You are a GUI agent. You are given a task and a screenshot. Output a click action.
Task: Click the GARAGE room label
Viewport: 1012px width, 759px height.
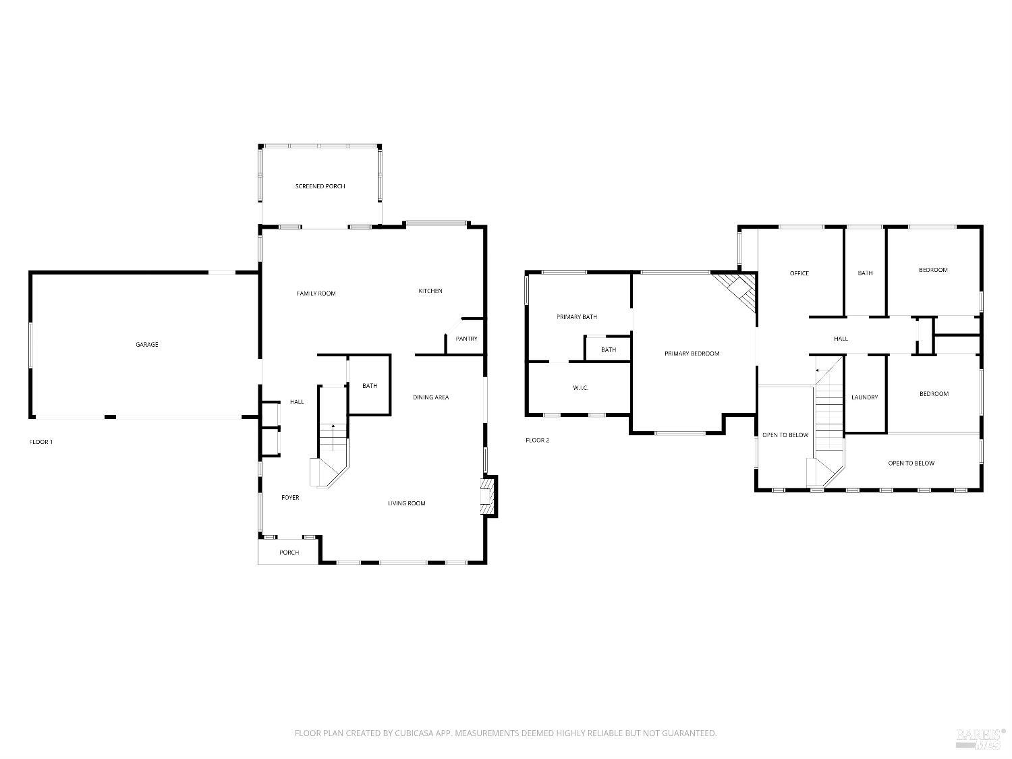pos(147,345)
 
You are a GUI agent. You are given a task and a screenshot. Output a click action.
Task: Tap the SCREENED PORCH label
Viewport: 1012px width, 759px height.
pos(320,186)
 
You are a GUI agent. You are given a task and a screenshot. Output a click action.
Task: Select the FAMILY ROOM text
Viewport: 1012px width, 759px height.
pos(316,293)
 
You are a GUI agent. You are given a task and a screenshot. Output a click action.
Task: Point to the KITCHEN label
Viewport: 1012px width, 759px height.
pos(430,291)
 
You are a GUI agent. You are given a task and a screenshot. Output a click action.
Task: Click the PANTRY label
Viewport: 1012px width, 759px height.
pos(466,339)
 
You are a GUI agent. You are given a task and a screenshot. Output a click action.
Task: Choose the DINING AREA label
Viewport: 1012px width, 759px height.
pos(431,397)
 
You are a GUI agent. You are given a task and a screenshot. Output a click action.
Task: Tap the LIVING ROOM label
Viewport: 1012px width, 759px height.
pos(406,503)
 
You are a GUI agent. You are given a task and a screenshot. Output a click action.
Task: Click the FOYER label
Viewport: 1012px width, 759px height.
pos(290,498)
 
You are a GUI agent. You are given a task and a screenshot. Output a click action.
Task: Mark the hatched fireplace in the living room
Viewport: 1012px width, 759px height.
pos(488,497)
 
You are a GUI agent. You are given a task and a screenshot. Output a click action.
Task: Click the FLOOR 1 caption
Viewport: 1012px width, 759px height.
pos(41,442)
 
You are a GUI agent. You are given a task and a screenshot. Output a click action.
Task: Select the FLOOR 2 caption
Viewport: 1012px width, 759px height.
pos(538,441)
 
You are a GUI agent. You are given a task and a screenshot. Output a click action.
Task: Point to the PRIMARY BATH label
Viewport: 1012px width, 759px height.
pos(577,317)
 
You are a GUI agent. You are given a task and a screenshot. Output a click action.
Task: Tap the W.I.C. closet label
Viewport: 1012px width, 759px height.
pos(580,388)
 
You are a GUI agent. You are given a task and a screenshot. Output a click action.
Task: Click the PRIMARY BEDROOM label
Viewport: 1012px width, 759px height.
pos(692,354)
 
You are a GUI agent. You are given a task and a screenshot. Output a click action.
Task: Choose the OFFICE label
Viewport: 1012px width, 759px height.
pos(799,273)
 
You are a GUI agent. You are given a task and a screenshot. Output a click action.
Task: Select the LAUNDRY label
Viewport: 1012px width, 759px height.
pos(864,398)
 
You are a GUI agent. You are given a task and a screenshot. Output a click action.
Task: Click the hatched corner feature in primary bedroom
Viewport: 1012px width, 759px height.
pos(738,288)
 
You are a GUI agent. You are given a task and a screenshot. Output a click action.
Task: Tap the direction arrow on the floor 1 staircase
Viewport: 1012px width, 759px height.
pos(333,428)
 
